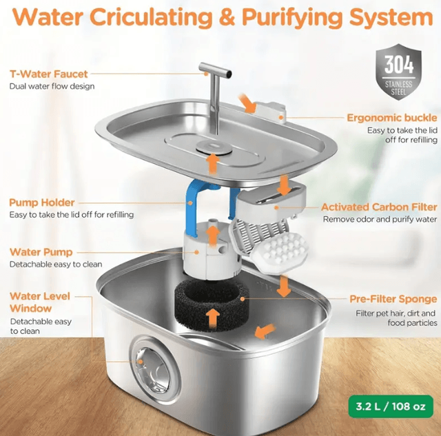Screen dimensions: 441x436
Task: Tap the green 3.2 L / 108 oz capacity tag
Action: (391, 406)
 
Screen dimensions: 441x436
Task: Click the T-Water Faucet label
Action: (49, 74)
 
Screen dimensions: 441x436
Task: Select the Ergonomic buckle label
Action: (392, 118)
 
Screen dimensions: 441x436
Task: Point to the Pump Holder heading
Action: (42, 203)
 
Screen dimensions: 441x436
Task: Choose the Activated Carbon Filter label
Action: (379, 207)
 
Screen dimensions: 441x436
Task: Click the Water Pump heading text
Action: (41, 252)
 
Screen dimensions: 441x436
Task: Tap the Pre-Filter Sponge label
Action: (393, 299)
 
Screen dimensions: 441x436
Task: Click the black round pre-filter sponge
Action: (212, 304)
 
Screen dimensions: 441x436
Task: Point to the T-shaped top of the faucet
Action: (216, 70)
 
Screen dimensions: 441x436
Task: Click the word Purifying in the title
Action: (293, 17)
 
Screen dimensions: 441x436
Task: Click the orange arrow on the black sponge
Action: (213, 317)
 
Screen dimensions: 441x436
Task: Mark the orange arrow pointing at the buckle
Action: (247, 103)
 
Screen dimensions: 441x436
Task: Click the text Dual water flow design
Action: (52, 86)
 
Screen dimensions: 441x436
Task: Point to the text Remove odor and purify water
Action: (380, 219)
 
